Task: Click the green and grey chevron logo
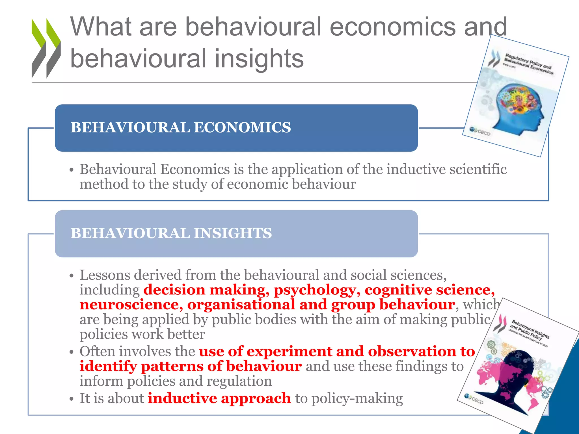(46, 48)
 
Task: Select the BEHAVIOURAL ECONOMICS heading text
(181, 127)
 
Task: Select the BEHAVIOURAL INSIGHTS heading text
(171, 233)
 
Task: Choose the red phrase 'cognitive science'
(429, 290)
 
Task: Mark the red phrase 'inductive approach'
(219, 398)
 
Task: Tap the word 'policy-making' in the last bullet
(357, 398)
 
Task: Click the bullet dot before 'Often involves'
(72, 352)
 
